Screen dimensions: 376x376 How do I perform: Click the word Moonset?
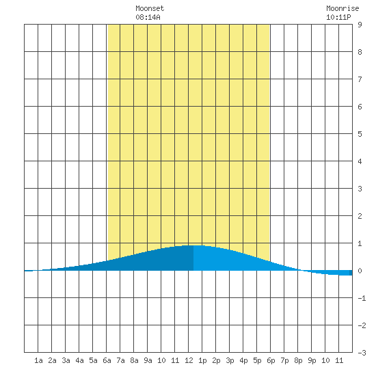[x=150, y=8]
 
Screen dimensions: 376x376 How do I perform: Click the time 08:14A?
[x=148, y=17]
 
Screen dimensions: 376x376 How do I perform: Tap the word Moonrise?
[x=343, y=8]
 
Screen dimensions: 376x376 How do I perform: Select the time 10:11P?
[x=338, y=17]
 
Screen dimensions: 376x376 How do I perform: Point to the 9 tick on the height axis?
[x=360, y=25]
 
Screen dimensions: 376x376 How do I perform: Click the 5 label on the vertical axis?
[x=360, y=134]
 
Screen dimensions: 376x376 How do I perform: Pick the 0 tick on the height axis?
[x=360, y=271]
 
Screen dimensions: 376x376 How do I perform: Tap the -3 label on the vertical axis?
[x=362, y=353]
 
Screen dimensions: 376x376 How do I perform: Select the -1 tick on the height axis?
[x=362, y=298]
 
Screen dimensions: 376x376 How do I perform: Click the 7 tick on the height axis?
[x=360, y=79]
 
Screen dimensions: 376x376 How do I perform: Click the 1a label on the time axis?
[x=38, y=360]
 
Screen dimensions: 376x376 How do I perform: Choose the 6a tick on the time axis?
[x=107, y=360]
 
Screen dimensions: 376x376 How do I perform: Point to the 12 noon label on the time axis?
[x=189, y=360]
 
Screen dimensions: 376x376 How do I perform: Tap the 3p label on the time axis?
[x=230, y=360]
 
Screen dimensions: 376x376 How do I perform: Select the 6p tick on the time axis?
[x=271, y=360]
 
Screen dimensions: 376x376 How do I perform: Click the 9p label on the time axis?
[x=312, y=360]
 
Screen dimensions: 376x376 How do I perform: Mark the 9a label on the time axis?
[x=148, y=360]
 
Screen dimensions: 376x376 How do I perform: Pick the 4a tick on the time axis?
[x=79, y=360]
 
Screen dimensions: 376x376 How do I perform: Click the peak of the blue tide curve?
[x=194, y=245]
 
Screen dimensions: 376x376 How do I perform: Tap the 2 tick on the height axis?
[x=360, y=216]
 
